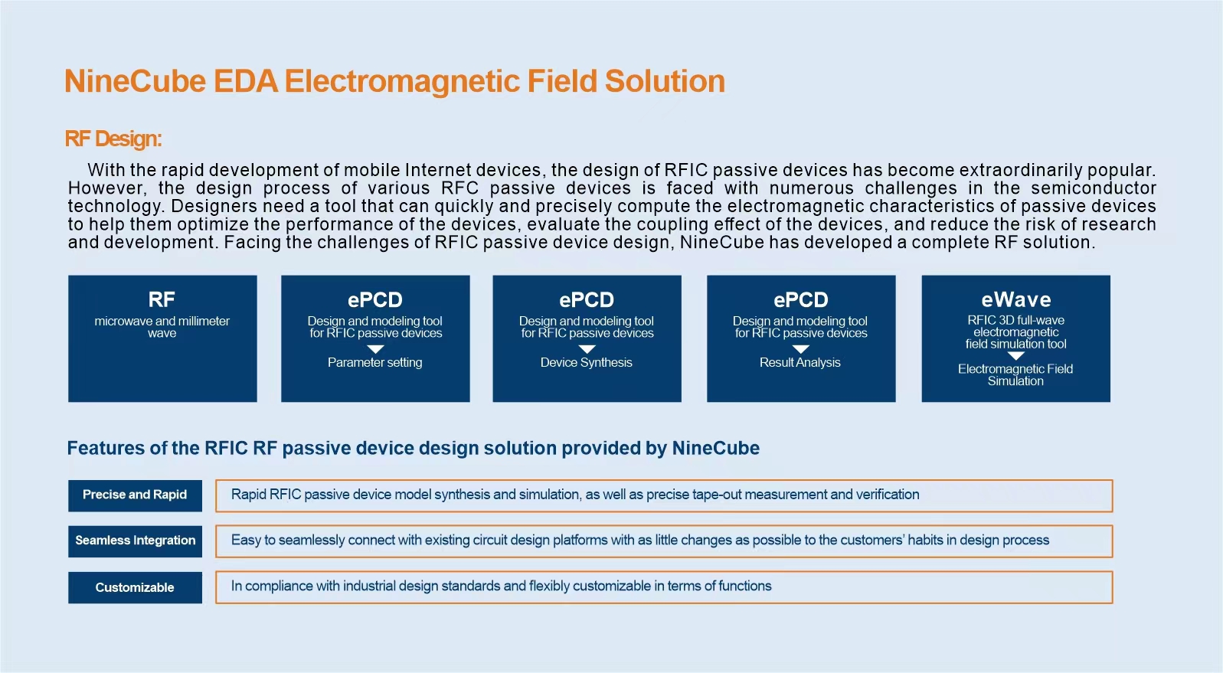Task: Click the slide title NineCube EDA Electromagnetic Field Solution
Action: point(394,81)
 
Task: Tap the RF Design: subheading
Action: point(113,139)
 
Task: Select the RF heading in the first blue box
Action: point(162,299)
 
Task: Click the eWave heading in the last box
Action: point(1015,299)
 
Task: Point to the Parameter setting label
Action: point(375,362)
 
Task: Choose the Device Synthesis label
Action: point(587,362)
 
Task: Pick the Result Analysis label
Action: point(800,362)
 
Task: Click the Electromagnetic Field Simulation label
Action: point(1015,375)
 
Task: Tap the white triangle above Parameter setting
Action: point(376,349)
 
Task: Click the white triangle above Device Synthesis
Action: point(587,349)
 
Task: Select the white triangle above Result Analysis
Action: point(801,349)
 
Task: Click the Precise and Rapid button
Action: point(135,495)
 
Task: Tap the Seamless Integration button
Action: point(135,541)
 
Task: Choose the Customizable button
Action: point(135,587)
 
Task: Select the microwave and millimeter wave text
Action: point(162,327)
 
